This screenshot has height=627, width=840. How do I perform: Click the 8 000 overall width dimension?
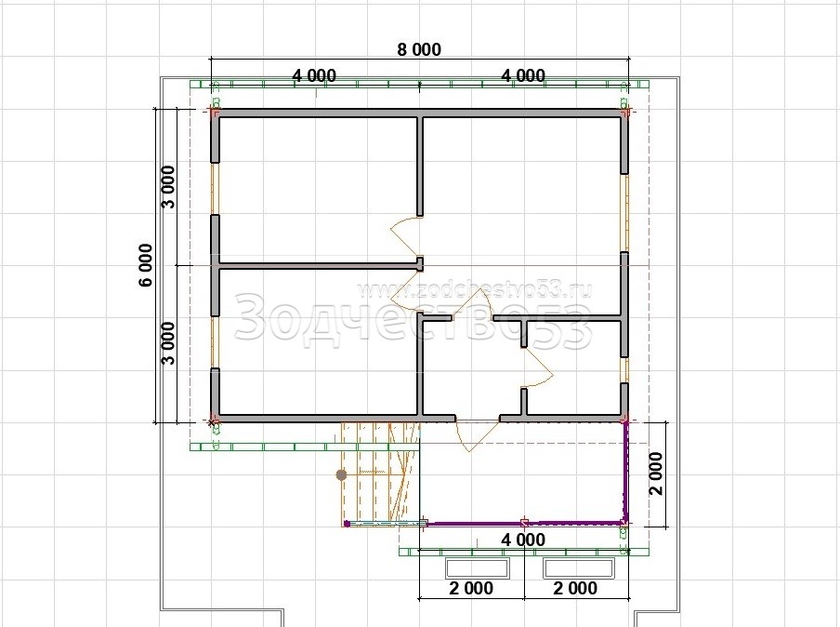point(419,49)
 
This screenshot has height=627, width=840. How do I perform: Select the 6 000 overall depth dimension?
point(146,265)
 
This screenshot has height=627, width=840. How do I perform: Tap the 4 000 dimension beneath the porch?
point(523,540)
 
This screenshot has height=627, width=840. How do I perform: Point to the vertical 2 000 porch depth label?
point(656,474)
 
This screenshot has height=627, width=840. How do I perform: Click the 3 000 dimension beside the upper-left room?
point(168,187)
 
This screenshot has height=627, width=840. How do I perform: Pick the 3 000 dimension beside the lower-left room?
point(168,342)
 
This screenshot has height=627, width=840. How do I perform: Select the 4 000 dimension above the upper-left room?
point(314,75)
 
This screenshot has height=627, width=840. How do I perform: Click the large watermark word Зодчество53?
point(413,320)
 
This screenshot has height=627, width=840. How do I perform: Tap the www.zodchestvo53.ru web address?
point(475,290)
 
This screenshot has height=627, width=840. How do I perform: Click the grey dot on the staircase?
point(341,474)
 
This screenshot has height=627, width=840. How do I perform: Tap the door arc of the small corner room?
point(537,367)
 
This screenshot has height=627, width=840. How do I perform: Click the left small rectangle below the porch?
point(477,568)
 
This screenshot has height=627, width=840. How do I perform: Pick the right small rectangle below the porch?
point(579,568)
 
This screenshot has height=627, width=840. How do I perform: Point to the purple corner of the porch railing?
point(625,521)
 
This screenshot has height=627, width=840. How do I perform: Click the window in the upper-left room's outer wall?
point(215,188)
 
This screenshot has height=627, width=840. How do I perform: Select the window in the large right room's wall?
point(624,213)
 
